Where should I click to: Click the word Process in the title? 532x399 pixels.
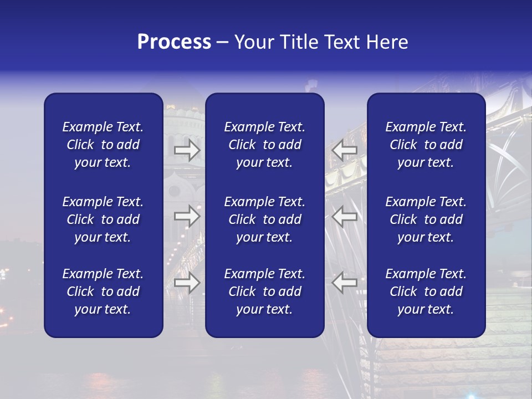click(174, 42)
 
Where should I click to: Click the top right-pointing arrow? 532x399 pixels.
click(187, 150)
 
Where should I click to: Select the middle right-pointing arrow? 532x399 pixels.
click(187, 216)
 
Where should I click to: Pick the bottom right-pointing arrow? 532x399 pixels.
click(187, 283)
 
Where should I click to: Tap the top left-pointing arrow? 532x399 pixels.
click(345, 150)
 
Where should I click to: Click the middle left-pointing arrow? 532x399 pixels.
click(345, 216)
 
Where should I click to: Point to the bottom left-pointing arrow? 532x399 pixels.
click(345, 283)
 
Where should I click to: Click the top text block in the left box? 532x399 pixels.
click(103, 145)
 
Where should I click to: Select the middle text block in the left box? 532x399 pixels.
click(103, 219)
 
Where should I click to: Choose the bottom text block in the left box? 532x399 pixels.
click(103, 291)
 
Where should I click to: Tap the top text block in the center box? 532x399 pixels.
click(264, 145)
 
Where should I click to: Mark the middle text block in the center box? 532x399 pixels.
click(264, 219)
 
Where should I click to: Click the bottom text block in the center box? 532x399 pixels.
click(264, 291)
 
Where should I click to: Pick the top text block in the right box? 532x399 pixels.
click(426, 145)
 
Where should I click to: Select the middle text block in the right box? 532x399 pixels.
click(426, 219)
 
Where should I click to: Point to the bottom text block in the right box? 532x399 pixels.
click(426, 291)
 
